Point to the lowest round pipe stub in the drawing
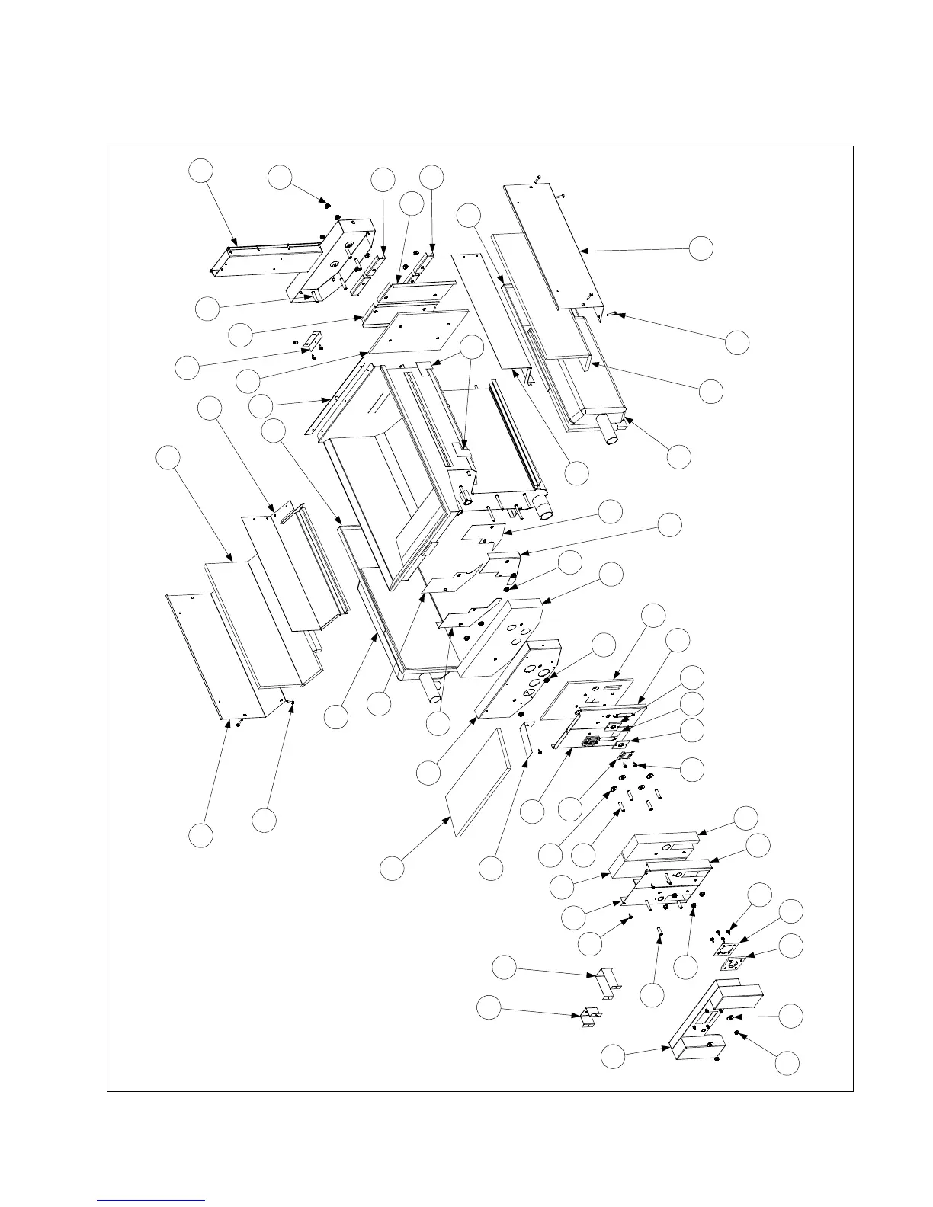click(x=433, y=691)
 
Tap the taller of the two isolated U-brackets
click(x=608, y=982)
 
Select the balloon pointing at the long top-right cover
click(x=702, y=247)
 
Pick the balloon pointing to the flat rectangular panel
click(x=392, y=868)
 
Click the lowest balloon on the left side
click(x=201, y=834)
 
